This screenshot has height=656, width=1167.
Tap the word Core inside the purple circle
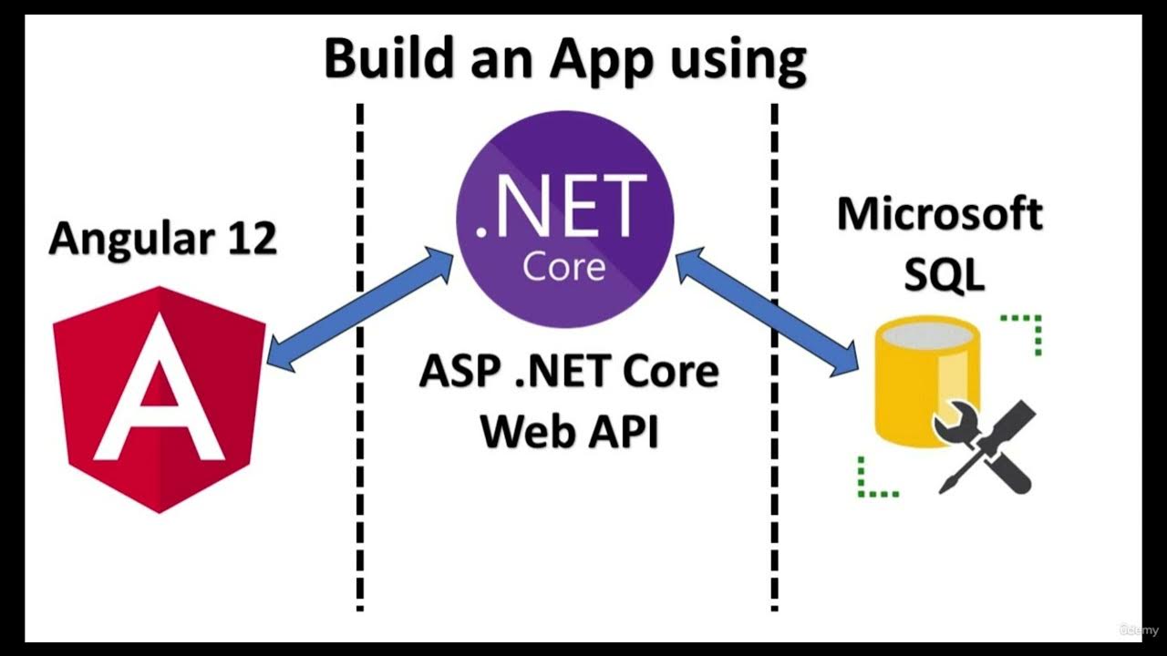[x=563, y=267]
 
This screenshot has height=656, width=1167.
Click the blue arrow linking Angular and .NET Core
[x=360, y=310]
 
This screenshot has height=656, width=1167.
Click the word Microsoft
[x=940, y=215]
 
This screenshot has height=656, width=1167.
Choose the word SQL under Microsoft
[x=944, y=274]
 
